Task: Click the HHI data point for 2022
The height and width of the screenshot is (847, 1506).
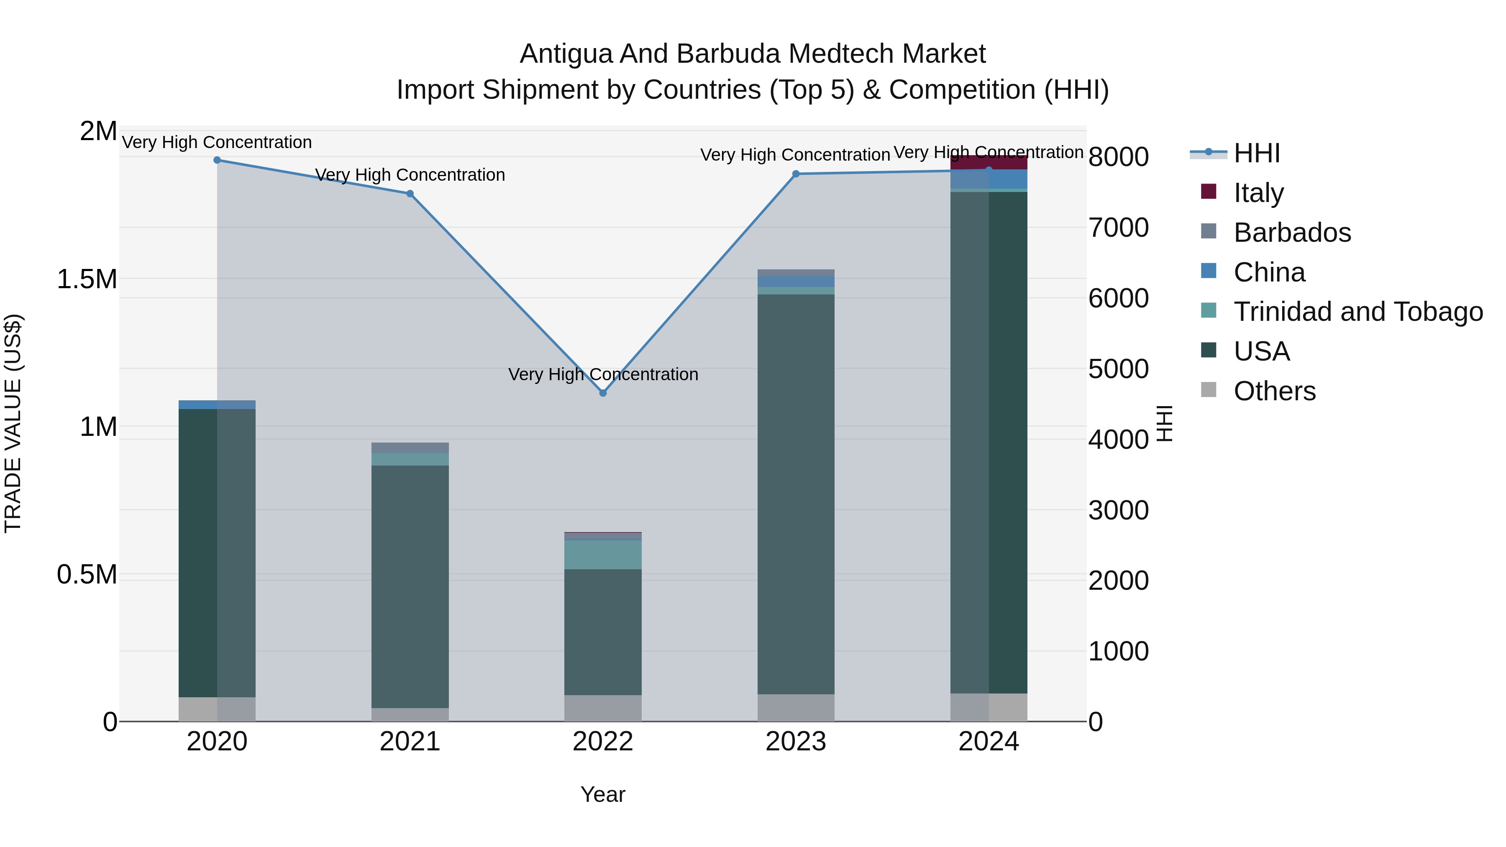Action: pyautogui.click(x=603, y=393)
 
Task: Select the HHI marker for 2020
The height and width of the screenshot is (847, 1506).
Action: pyautogui.click(x=217, y=160)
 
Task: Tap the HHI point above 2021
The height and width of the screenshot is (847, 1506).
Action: pyautogui.click(x=410, y=194)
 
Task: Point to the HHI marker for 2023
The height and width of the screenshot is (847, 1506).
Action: pyautogui.click(x=796, y=174)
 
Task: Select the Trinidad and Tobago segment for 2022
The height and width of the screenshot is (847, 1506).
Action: pyautogui.click(x=603, y=554)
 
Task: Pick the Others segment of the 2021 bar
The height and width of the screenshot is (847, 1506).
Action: pyautogui.click(x=410, y=714)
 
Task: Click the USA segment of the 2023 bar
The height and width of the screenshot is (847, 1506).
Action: pyautogui.click(x=796, y=494)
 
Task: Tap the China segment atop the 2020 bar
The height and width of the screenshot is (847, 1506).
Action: pyautogui.click(x=217, y=404)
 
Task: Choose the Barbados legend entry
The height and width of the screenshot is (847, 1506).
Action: pyautogui.click(x=1292, y=233)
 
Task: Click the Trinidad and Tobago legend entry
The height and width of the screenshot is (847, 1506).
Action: pyautogui.click(x=1357, y=312)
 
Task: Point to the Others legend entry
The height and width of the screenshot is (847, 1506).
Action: pyautogui.click(x=1275, y=391)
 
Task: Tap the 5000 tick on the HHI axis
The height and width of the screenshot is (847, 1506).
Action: pyautogui.click(x=1118, y=369)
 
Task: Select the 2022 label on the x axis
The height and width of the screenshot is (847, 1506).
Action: pyautogui.click(x=603, y=742)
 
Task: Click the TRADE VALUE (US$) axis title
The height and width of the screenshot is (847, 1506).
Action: pyautogui.click(x=13, y=423)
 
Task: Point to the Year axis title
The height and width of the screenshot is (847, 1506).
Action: pyautogui.click(x=603, y=794)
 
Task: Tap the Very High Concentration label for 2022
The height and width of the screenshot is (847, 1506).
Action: pyautogui.click(x=603, y=374)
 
